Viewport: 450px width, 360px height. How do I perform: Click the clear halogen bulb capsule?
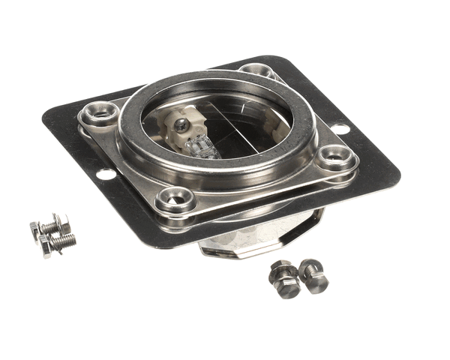pyautogui.click(x=204, y=146)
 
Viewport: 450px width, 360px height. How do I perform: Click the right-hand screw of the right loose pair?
pyautogui.click(x=314, y=276)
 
